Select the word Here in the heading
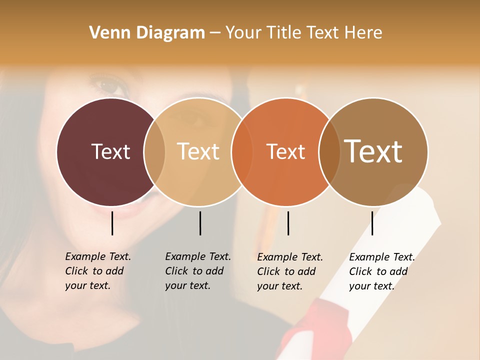pyautogui.click(x=364, y=33)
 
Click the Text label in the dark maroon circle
pyautogui.click(x=110, y=151)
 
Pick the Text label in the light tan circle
pyautogui.click(x=198, y=151)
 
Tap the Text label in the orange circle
pyautogui.click(x=286, y=151)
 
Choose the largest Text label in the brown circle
pyautogui.click(x=373, y=151)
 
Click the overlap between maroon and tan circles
pyautogui.click(x=154, y=151)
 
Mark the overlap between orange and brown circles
pyautogui.click(x=329, y=151)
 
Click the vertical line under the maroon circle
pyautogui.click(x=112, y=223)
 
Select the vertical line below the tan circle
pyautogui.click(x=200, y=223)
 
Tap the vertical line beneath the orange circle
pyautogui.click(x=288, y=223)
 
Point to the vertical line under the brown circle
pyautogui.click(x=372, y=223)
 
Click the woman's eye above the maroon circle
pyautogui.click(x=109, y=86)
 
